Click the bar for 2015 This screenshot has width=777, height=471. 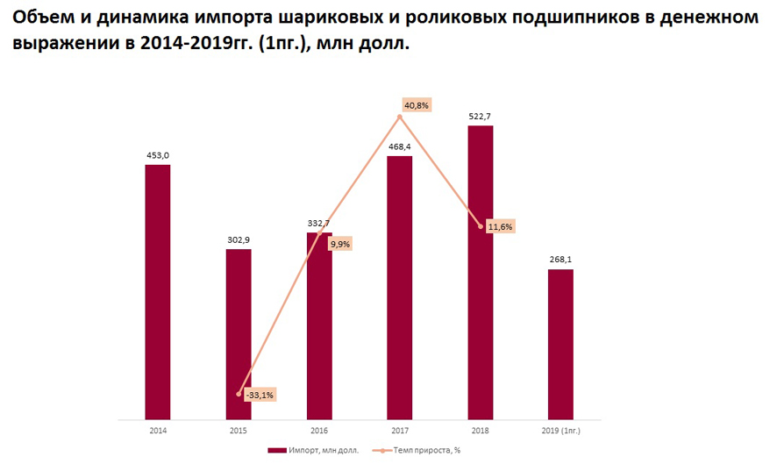point(239,333)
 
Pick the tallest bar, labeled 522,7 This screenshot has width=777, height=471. point(480,272)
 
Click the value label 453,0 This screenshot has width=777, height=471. point(158,155)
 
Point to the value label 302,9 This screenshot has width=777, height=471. point(239,239)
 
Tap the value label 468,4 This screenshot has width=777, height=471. point(399,147)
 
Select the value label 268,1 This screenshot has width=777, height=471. point(560,260)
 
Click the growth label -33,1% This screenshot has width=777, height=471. point(259,395)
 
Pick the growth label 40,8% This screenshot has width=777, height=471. point(416,105)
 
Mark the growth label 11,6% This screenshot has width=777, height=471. point(500,227)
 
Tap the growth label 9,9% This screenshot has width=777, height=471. point(339,244)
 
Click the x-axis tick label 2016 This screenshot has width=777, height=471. point(319,432)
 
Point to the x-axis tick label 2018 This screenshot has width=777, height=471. point(480,432)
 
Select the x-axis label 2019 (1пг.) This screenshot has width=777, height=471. point(560,432)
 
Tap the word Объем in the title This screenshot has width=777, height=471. point(45,17)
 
